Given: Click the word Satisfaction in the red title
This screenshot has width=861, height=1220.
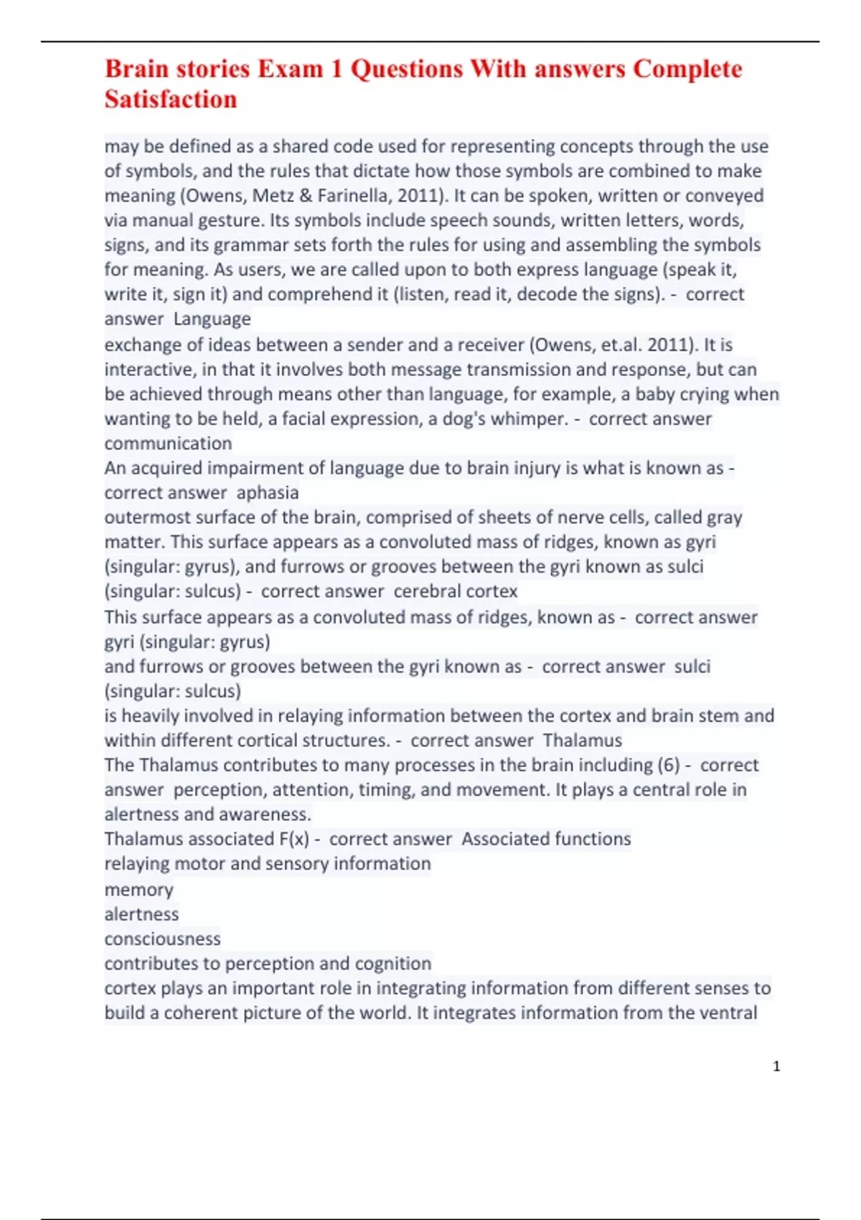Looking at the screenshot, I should pos(171,99).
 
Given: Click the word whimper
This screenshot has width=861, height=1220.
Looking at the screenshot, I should pos(533,419).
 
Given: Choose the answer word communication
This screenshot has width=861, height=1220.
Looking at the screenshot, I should pos(168,444).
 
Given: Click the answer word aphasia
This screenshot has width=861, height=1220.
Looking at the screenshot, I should pos(268,493).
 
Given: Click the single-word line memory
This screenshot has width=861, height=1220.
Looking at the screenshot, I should pos(138,890).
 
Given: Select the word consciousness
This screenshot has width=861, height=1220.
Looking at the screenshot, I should pos(162,939).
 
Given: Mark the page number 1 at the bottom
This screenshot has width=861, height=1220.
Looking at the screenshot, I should pos(776,1066).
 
